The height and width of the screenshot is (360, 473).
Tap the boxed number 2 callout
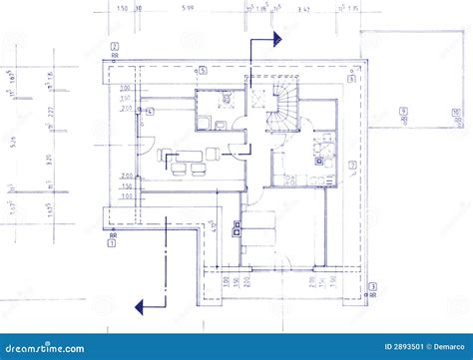[116, 47]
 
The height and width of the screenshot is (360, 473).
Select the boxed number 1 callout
[112, 241]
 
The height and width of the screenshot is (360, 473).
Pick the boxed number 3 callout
[372, 287]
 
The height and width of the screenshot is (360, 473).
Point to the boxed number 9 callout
[401, 111]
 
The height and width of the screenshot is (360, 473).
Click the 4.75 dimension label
[214, 227]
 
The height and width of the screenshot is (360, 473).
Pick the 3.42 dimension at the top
[304, 8]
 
